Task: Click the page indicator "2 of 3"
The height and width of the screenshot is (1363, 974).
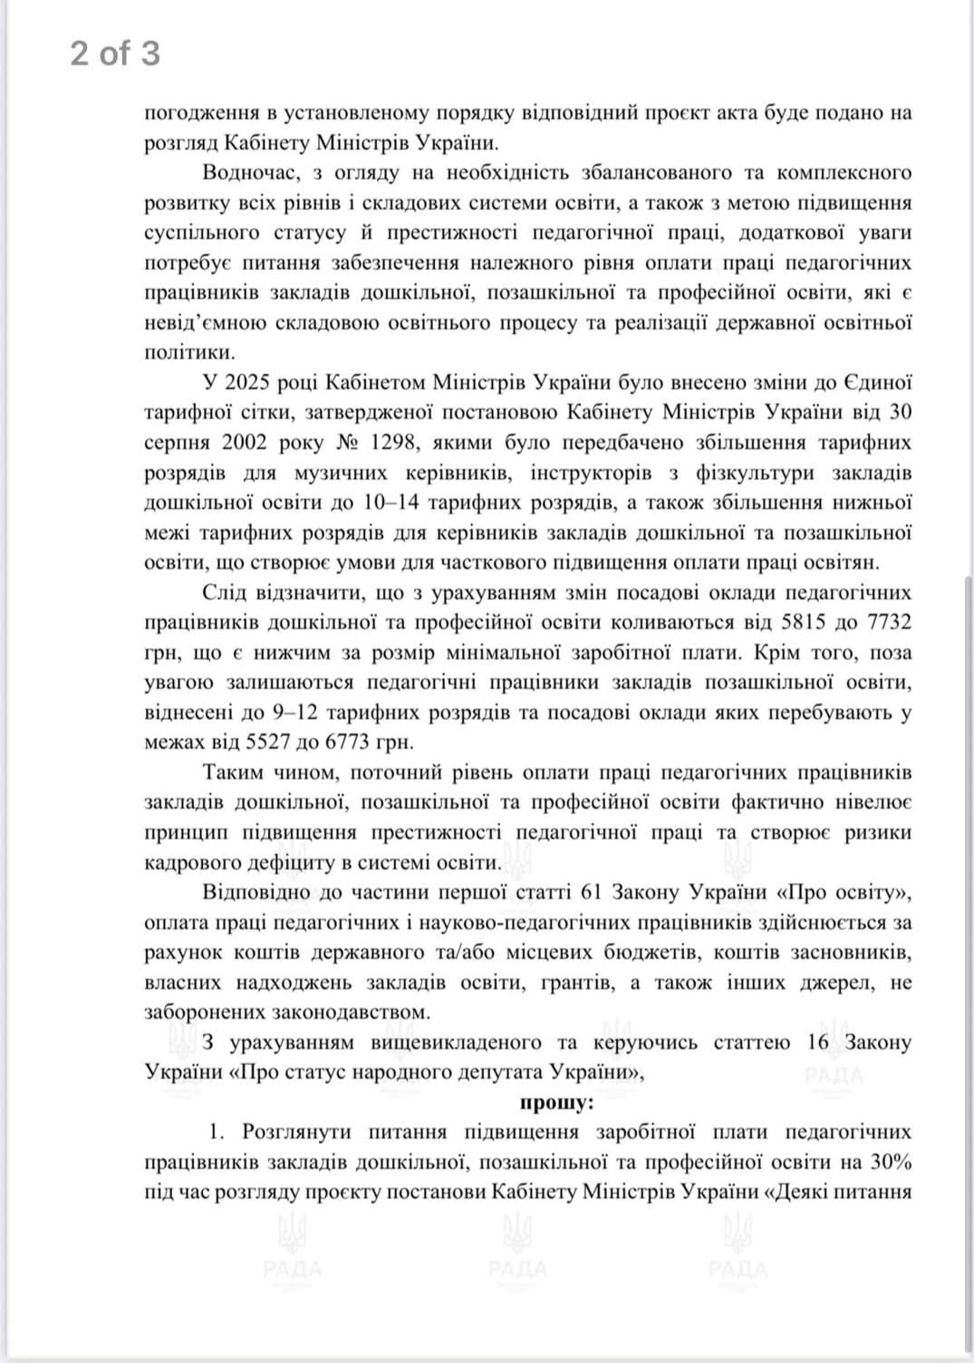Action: tap(115, 53)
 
